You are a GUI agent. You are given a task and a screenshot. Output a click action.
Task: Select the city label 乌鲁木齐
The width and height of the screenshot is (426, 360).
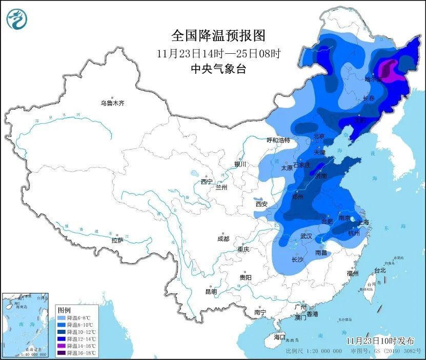(112, 103)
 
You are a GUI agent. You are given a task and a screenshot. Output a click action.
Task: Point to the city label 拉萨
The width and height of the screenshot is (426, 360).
(117, 240)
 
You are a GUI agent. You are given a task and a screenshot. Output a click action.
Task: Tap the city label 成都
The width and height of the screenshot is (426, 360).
(223, 239)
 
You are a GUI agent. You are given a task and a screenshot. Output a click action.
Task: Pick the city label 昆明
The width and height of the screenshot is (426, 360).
(211, 291)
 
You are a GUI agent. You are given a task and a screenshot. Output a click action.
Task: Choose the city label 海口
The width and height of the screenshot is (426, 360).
(279, 337)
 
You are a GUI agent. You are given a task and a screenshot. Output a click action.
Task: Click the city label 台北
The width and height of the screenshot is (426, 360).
(379, 270)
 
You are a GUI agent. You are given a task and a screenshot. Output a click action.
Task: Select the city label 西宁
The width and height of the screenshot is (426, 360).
(207, 182)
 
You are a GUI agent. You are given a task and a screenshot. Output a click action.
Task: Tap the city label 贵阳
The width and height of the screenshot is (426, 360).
(245, 277)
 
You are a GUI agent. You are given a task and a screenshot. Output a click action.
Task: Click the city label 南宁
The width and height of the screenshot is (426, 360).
(260, 312)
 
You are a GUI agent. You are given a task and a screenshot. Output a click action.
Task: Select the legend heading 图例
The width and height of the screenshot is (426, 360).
(64, 310)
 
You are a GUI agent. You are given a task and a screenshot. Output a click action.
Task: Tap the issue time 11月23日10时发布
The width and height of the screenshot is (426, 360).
(378, 341)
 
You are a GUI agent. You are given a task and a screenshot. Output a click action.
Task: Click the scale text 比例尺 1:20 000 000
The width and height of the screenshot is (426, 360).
(314, 351)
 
